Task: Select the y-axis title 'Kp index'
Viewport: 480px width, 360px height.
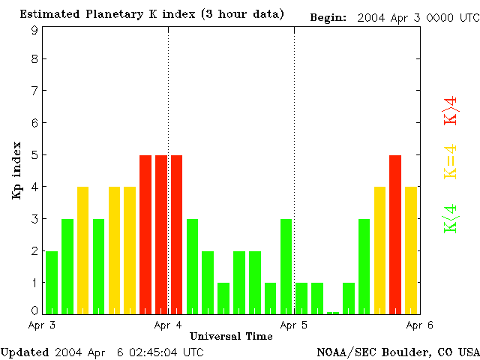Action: tap(16, 170)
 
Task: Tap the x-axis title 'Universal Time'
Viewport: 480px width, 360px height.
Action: tap(231, 336)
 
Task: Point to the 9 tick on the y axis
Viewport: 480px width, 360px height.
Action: tap(34, 30)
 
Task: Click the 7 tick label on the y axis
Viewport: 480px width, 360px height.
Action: tap(34, 91)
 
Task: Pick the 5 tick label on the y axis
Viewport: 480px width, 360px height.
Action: tap(34, 154)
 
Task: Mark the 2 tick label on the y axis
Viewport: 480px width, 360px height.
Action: tap(34, 250)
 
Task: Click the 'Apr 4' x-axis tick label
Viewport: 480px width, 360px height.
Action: tap(168, 325)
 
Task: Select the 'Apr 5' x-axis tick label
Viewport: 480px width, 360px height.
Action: tap(294, 325)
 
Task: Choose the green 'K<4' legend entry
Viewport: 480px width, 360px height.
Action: tap(451, 219)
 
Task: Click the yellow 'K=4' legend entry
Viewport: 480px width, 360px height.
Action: tap(451, 162)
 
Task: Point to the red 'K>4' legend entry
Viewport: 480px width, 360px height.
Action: tap(451, 109)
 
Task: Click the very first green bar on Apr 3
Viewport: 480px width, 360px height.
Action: tap(52, 283)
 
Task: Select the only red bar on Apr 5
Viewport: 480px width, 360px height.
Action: tap(395, 235)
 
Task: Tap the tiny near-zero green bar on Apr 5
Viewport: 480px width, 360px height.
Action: tap(333, 312)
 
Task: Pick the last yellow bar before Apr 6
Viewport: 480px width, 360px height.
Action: tap(411, 250)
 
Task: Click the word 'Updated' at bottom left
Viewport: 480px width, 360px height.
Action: tap(25, 352)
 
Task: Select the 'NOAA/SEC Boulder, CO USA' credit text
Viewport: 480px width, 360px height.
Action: tap(397, 352)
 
